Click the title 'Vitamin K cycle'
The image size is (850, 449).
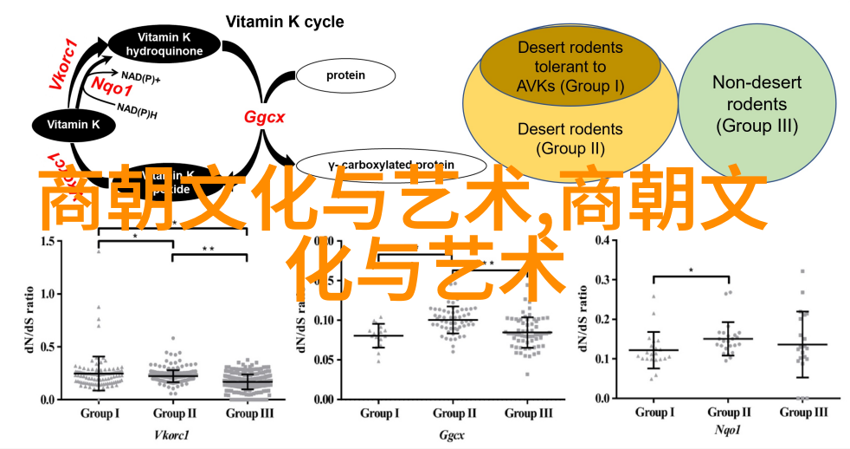(285, 22)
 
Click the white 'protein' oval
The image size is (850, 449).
(345, 75)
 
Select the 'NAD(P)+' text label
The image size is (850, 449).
(141, 75)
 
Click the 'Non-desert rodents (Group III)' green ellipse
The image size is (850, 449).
(757, 104)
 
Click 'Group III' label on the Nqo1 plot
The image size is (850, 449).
(803, 412)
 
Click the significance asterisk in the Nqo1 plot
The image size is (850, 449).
(691, 270)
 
